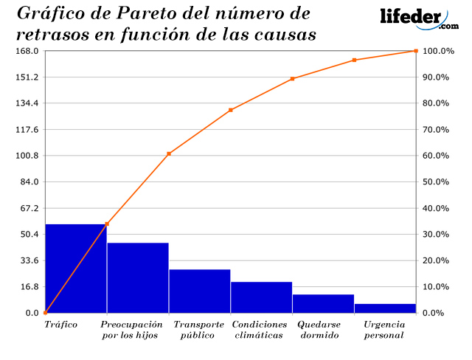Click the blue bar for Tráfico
(x=76, y=269)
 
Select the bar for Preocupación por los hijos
(x=138, y=278)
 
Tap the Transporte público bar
(x=199, y=291)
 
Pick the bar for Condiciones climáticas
(x=261, y=297)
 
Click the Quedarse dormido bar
(x=323, y=304)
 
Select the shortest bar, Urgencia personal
(x=385, y=308)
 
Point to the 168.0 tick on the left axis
(x=27, y=51)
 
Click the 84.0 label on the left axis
(x=29, y=182)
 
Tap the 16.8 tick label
(x=29, y=287)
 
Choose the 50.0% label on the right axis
(x=435, y=182)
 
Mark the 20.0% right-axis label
(x=435, y=260)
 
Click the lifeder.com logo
(x=417, y=18)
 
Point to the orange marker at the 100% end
(x=416, y=51)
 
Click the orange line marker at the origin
(x=46, y=313)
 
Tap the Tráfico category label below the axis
(x=61, y=325)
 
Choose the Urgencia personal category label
(x=383, y=330)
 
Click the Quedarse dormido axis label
(x=320, y=330)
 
